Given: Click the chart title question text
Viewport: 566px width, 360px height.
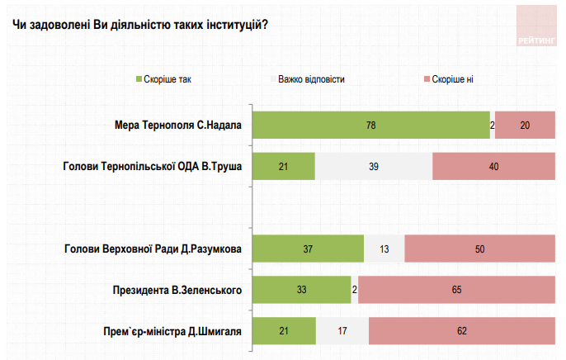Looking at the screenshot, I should point(140,24).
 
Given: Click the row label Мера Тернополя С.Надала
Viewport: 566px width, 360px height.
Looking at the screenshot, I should point(177,125).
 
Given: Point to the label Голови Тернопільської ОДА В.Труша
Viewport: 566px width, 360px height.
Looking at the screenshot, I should point(152,166).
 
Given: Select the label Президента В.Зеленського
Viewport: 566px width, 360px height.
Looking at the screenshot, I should point(177,290).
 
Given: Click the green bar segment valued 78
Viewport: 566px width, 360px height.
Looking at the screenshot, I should point(370,125).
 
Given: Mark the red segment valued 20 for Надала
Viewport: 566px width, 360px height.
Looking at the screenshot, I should point(525,125).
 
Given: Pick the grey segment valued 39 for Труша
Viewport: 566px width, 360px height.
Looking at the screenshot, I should point(374,166).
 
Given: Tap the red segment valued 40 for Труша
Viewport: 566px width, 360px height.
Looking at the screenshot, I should point(493,166).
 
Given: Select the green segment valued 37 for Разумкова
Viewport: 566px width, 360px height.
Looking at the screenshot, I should point(308,249).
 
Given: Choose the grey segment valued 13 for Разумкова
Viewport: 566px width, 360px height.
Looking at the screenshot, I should point(384,249).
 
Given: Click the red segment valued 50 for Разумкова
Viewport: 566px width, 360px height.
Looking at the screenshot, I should point(479,249).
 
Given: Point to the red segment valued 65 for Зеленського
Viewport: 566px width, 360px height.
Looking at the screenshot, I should point(456,290).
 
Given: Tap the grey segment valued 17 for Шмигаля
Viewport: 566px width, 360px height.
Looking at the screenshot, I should point(342,331).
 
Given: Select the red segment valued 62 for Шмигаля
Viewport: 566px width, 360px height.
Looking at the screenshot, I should point(461,331).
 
